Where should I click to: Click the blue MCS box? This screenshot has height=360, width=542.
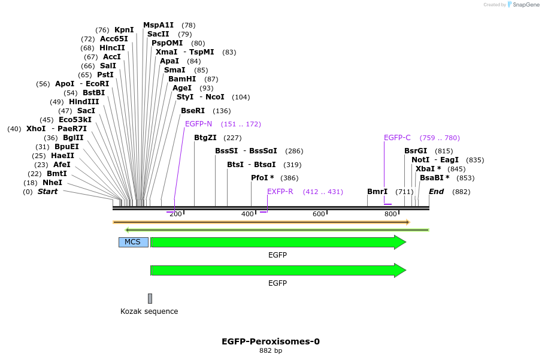point(133,242)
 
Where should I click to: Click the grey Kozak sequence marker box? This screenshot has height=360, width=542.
point(150,298)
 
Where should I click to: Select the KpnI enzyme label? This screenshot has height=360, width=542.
point(124,30)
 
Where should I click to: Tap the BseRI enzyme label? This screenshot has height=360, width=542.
point(193,111)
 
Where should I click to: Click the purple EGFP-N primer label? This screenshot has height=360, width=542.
point(198,124)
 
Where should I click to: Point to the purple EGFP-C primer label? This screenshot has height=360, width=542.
point(397,138)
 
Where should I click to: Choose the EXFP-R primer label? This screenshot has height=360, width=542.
point(280,192)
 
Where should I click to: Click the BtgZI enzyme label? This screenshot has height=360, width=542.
point(205,138)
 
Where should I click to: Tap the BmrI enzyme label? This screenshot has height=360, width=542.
point(377,192)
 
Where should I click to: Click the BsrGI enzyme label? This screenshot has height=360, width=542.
point(416,151)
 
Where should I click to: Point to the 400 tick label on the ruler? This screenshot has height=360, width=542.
point(247,214)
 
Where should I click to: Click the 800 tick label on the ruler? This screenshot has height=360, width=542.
point(390,214)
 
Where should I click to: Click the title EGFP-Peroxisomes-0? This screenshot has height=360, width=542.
point(271,341)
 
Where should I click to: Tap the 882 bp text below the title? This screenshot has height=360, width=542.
point(271,351)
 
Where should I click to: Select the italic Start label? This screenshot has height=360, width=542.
point(47,192)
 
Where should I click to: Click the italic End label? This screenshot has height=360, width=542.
point(436,192)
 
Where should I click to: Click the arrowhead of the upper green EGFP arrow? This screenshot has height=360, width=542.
point(400,242)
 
